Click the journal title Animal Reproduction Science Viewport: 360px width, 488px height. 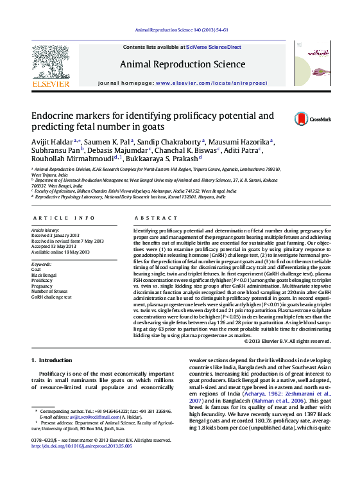click(x=182, y=64)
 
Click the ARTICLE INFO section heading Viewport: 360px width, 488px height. click(x=63, y=218)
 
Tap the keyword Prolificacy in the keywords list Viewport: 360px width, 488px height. click(x=42, y=281)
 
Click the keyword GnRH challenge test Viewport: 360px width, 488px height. click(x=52, y=297)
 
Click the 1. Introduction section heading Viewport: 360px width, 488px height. click(x=52, y=360)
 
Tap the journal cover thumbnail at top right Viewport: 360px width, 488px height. click(x=311, y=63)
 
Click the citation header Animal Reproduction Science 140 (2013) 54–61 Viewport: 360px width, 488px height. click(x=182, y=30)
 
